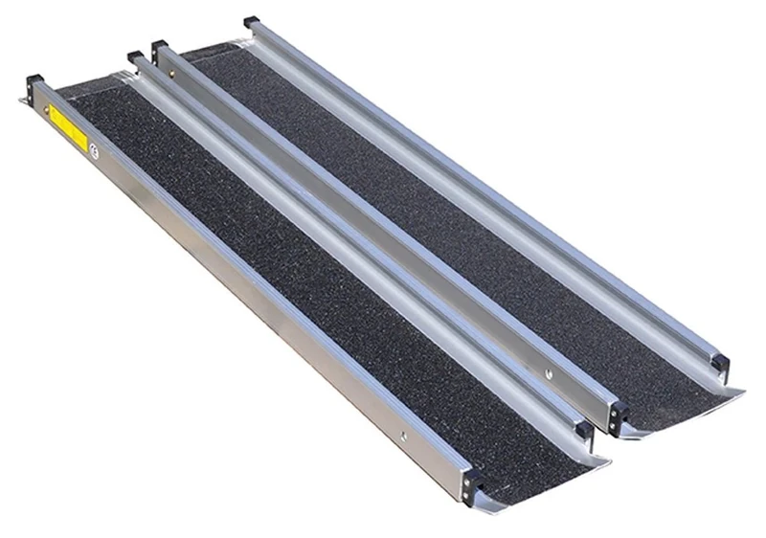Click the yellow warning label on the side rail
[67, 124]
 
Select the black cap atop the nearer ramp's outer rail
[34, 79]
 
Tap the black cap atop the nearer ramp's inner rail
[135, 59]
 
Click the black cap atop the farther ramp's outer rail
[252, 22]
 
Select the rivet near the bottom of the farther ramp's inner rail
[551, 365]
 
